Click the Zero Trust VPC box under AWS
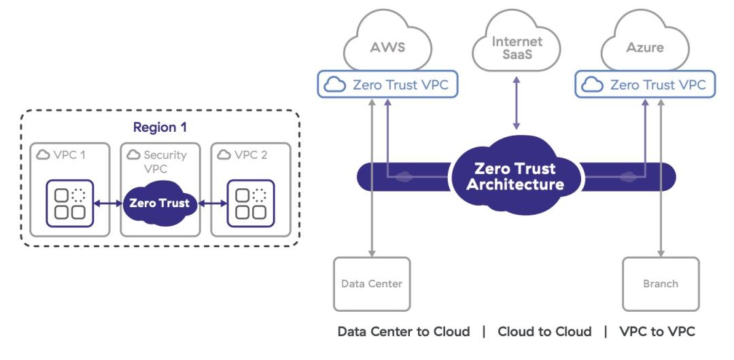click(x=388, y=85)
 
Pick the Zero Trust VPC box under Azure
click(x=646, y=85)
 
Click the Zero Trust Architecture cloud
click(x=515, y=177)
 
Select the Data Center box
click(x=372, y=284)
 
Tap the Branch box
click(x=661, y=284)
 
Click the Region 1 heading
click(x=160, y=127)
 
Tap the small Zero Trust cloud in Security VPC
click(x=160, y=203)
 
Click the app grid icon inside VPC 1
click(x=69, y=203)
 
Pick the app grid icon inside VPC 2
click(x=250, y=203)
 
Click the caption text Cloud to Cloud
click(x=544, y=332)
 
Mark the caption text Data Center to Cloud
click(x=404, y=332)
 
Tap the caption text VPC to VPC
click(x=657, y=332)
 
